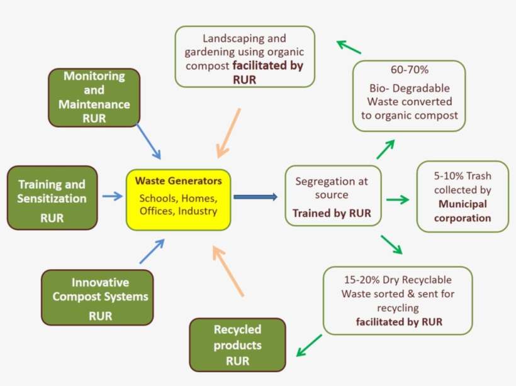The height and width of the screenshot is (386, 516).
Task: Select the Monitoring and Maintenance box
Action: [x=94, y=97]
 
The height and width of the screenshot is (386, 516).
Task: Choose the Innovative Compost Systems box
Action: [x=97, y=297]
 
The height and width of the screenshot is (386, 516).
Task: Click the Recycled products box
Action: [x=237, y=345]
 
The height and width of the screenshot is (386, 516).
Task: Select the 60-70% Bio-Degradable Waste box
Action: [x=409, y=96]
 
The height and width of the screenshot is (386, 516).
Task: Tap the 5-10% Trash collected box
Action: [x=463, y=196]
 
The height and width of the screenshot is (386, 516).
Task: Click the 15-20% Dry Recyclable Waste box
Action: [x=398, y=299]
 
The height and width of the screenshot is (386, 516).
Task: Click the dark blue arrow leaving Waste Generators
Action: [x=255, y=197]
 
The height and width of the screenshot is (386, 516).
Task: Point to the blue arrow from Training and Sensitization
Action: [x=113, y=196]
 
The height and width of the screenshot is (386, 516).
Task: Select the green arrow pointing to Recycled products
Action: [x=309, y=346]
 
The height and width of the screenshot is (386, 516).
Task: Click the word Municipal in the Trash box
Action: [x=463, y=204]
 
